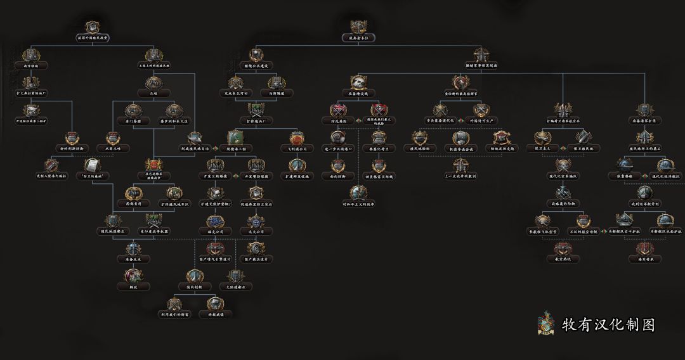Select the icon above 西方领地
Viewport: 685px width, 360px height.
pyautogui.click(x=32, y=55)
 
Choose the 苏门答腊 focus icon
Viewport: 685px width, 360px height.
pyautogui.click(x=133, y=110)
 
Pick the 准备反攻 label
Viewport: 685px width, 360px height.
pyautogui.click(x=133, y=260)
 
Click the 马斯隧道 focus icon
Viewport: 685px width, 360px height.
pyautogui.click(x=277, y=83)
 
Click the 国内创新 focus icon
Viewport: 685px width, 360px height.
pyautogui.click(x=195, y=276)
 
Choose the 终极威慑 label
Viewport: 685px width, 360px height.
pyautogui.click(x=216, y=314)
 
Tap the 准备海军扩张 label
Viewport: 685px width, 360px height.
pyautogui.click(x=645, y=120)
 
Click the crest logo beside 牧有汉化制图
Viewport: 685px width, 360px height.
pyautogui.click(x=545, y=324)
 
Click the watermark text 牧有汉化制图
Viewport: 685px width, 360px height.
pyautogui.click(x=608, y=325)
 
